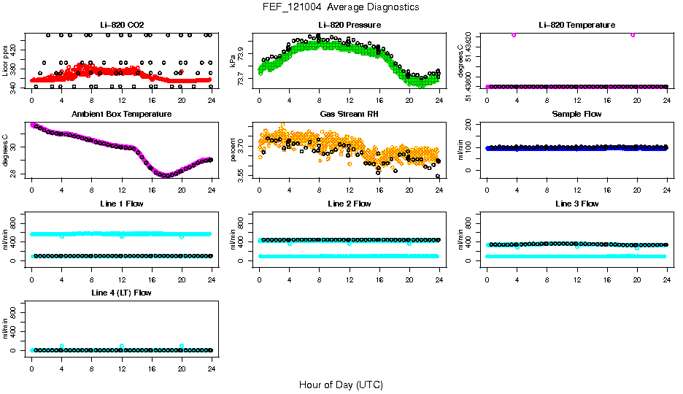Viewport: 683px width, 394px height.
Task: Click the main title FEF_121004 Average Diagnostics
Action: point(341,7)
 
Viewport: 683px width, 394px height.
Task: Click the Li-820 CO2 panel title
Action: point(121,26)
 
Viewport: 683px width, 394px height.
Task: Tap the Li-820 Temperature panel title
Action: point(576,26)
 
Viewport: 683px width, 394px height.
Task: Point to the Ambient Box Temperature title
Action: point(121,115)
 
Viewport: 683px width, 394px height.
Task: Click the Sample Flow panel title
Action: point(576,115)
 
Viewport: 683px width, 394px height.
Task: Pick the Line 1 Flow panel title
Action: point(121,204)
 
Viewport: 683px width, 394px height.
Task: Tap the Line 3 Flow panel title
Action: point(576,204)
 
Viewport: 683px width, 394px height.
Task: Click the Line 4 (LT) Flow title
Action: point(121,293)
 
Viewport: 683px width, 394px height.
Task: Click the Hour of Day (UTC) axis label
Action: point(341,385)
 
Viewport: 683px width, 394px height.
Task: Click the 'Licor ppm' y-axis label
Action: point(6,61)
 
